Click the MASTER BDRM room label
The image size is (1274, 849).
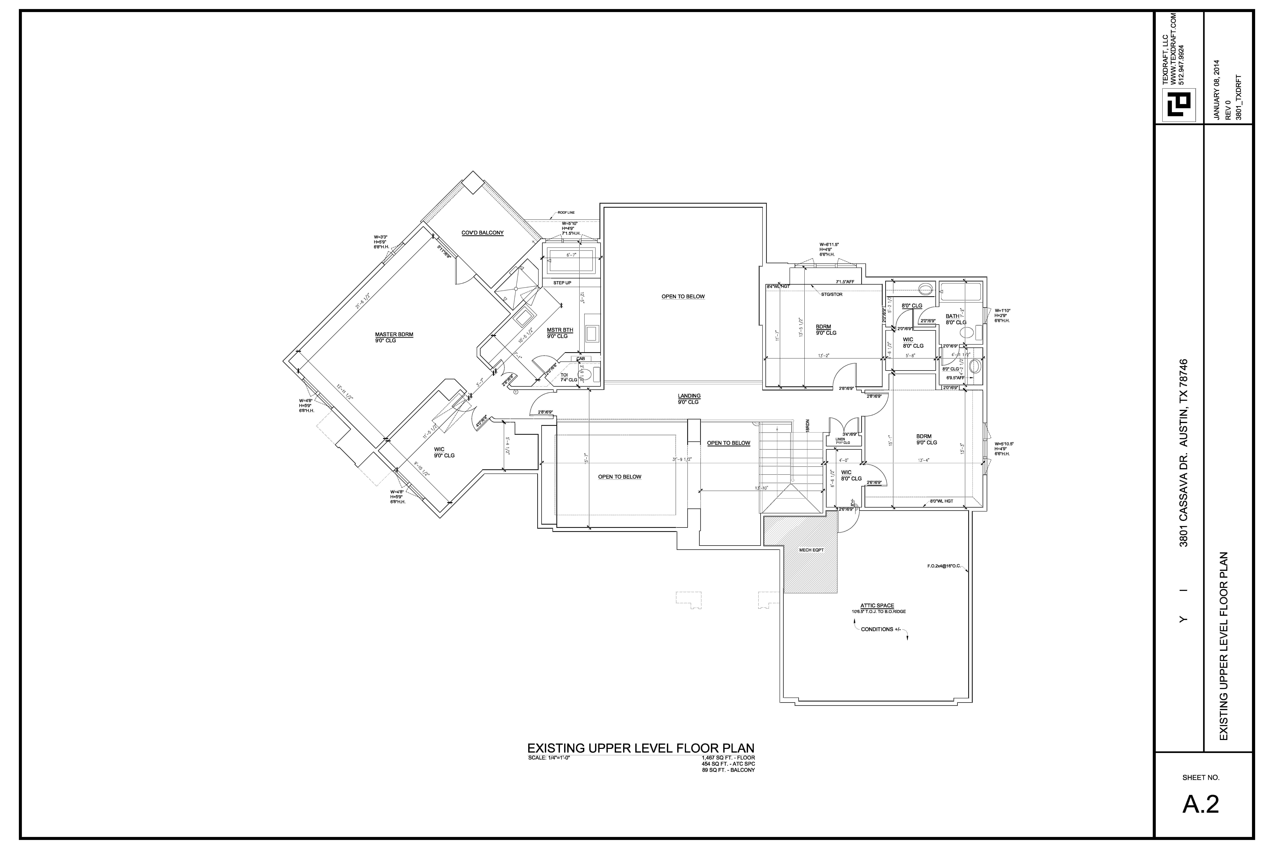tap(394, 335)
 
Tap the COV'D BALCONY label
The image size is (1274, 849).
tap(482, 233)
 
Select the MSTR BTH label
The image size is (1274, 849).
tap(560, 330)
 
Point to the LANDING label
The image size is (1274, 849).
tap(689, 396)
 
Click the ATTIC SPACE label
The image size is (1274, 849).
tap(877, 606)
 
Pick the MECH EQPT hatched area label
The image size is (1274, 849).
tap(811, 550)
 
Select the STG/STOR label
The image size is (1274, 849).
tap(832, 295)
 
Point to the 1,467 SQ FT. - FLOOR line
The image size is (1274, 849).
tap(727, 758)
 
